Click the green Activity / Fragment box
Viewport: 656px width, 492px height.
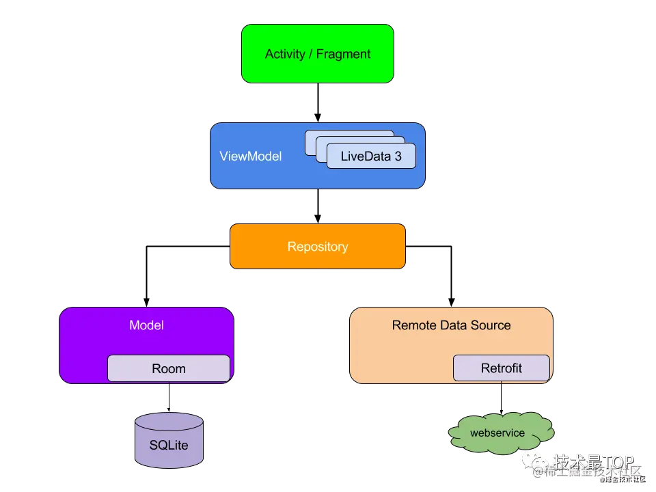pos(317,54)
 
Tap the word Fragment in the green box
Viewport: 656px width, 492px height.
pos(344,54)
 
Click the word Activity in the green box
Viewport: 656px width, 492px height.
pos(285,54)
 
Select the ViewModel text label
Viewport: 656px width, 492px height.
pos(250,156)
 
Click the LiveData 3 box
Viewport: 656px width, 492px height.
pos(371,156)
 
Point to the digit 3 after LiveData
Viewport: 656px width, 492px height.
pos(398,156)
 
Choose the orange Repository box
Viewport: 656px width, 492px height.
pos(317,247)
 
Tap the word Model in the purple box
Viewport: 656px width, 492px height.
pos(146,325)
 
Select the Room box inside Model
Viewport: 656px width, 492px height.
pos(168,368)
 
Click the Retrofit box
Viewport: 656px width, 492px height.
pos(501,368)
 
